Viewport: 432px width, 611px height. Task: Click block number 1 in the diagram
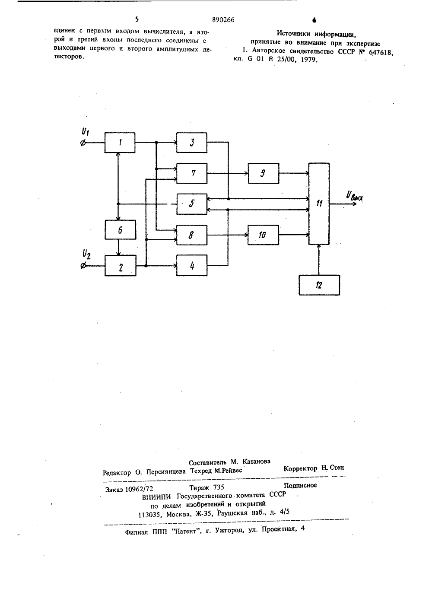[120, 143]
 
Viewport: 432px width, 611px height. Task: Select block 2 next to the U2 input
[120, 266]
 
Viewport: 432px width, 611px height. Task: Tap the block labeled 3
[191, 143]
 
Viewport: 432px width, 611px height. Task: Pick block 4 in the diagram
[191, 265]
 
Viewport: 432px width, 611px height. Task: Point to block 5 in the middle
[191, 204]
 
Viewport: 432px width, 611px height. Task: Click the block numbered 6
[120, 230]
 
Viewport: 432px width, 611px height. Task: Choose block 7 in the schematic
[191, 173]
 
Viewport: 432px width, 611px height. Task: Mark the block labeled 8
[191, 235]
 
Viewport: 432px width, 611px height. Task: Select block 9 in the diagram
[263, 173]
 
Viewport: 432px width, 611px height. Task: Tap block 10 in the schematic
[263, 235]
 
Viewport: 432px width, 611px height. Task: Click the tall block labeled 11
[319, 204]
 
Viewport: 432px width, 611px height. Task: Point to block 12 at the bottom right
[319, 285]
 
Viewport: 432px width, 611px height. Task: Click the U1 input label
[86, 132]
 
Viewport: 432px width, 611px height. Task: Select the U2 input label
[86, 255]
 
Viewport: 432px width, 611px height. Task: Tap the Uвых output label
[354, 196]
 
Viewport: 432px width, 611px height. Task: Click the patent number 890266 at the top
[223, 20]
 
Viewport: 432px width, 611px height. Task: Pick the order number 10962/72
[139, 489]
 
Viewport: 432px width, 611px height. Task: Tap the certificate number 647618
[380, 52]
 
